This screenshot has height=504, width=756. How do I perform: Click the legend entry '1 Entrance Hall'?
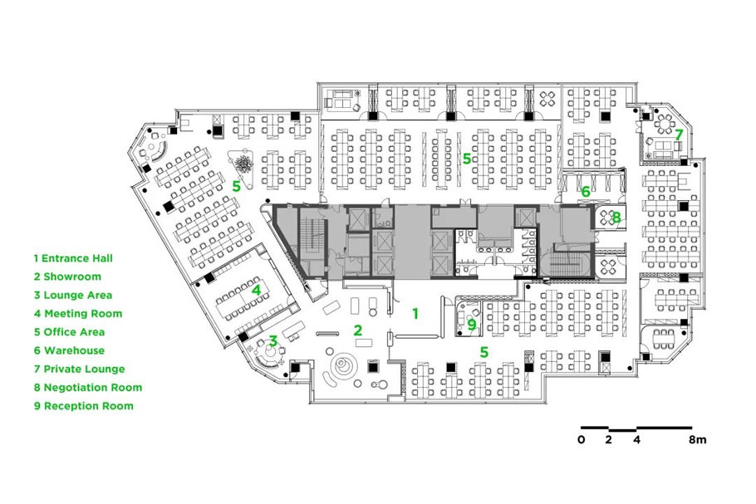[73, 258]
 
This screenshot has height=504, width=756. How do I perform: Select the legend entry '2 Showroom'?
[67, 276]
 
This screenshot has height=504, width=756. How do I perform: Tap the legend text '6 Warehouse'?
[69, 350]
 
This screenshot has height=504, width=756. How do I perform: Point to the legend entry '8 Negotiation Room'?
[88, 388]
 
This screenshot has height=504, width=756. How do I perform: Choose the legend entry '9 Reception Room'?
[83, 406]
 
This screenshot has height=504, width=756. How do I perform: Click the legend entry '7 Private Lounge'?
[79, 369]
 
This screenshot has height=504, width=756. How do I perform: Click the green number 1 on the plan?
[415, 314]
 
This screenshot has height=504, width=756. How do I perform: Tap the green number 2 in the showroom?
[357, 330]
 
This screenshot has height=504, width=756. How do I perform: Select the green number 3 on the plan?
[272, 341]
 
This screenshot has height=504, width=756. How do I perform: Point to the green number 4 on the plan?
[256, 290]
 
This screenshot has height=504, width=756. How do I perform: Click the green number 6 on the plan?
[586, 192]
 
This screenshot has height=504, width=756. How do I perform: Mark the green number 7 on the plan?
[679, 135]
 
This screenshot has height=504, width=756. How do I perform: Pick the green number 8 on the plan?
[616, 218]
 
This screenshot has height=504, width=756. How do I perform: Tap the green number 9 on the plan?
[472, 325]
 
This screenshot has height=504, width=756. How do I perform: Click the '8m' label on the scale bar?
[698, 439]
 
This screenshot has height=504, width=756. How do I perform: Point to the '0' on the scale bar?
[581, 439]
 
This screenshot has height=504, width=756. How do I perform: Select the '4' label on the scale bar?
[637, 439]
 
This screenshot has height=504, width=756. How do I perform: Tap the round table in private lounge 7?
[665, 125]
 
